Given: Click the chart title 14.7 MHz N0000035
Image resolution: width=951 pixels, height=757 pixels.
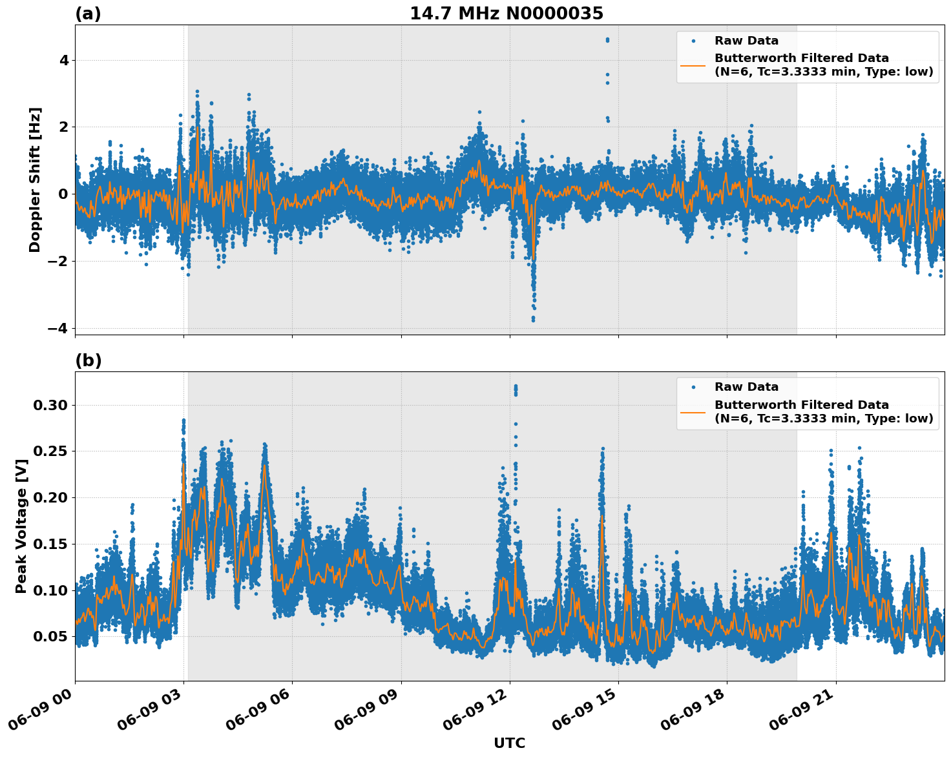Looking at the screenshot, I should pos(507,14).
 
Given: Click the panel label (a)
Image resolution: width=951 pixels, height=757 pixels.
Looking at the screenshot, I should pos(88,14).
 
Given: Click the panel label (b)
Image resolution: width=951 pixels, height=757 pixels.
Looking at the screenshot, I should pos(89,360).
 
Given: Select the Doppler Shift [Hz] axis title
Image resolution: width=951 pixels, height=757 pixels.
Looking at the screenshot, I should pos(35,180).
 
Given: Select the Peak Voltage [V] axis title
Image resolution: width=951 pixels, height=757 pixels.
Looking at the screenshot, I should pos(21,526).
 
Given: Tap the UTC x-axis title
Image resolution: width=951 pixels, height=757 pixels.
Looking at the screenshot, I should pos(509,743).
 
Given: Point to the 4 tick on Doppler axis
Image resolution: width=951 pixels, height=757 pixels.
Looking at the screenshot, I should pos(64,60).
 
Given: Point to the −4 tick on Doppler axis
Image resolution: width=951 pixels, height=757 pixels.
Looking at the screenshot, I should pos(59,328).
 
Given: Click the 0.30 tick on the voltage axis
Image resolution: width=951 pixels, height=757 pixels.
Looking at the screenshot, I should pos(50,405).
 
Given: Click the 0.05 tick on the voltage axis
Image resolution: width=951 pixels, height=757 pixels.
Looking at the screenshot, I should pos(50,636).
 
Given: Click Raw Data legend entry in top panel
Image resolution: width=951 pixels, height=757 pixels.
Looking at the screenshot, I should pos(746,41).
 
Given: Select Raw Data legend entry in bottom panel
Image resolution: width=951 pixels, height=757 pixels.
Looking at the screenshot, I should pos(746,387).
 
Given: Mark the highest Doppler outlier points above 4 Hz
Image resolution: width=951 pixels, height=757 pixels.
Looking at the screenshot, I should pos(607,40).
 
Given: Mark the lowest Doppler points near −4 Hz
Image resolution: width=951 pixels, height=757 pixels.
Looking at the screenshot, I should pos(533,318).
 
